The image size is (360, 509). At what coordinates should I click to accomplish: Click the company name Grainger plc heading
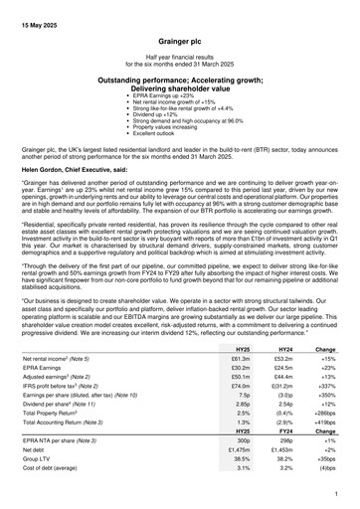(180, 46)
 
